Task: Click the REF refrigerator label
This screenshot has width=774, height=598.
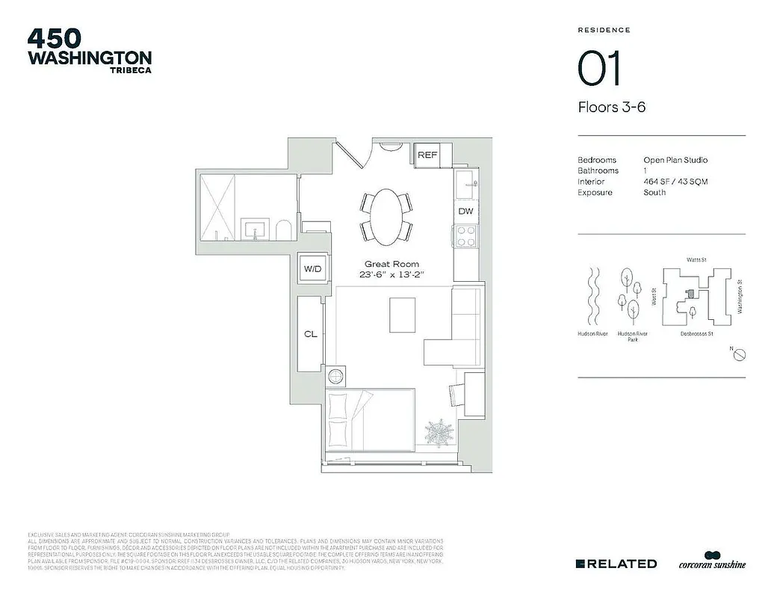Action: tap(427, 155)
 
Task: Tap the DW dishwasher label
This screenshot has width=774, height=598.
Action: tap(465, 212)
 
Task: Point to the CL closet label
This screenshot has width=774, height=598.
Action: tap(311, 334)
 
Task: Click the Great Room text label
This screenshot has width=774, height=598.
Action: tap(391, 264)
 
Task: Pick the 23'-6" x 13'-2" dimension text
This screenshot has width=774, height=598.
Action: tap(391, 275)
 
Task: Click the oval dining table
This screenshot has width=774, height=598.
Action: tap(386, 216)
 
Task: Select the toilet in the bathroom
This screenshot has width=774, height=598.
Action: tap(283, 230)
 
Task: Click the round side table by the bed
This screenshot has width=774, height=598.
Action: tap(337, 374)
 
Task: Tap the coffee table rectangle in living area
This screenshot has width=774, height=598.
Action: tap(403, 315)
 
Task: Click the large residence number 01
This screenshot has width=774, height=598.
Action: tap(599, 70)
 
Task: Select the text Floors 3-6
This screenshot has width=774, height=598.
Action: tap(611, 107)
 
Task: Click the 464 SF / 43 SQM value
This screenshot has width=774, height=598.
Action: tap(675, 182)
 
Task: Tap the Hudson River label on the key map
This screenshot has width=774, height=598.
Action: tap(592, 334)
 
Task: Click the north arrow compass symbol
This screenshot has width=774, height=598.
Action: tap(738, 354)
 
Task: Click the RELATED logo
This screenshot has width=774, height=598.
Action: tap(616, 564)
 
